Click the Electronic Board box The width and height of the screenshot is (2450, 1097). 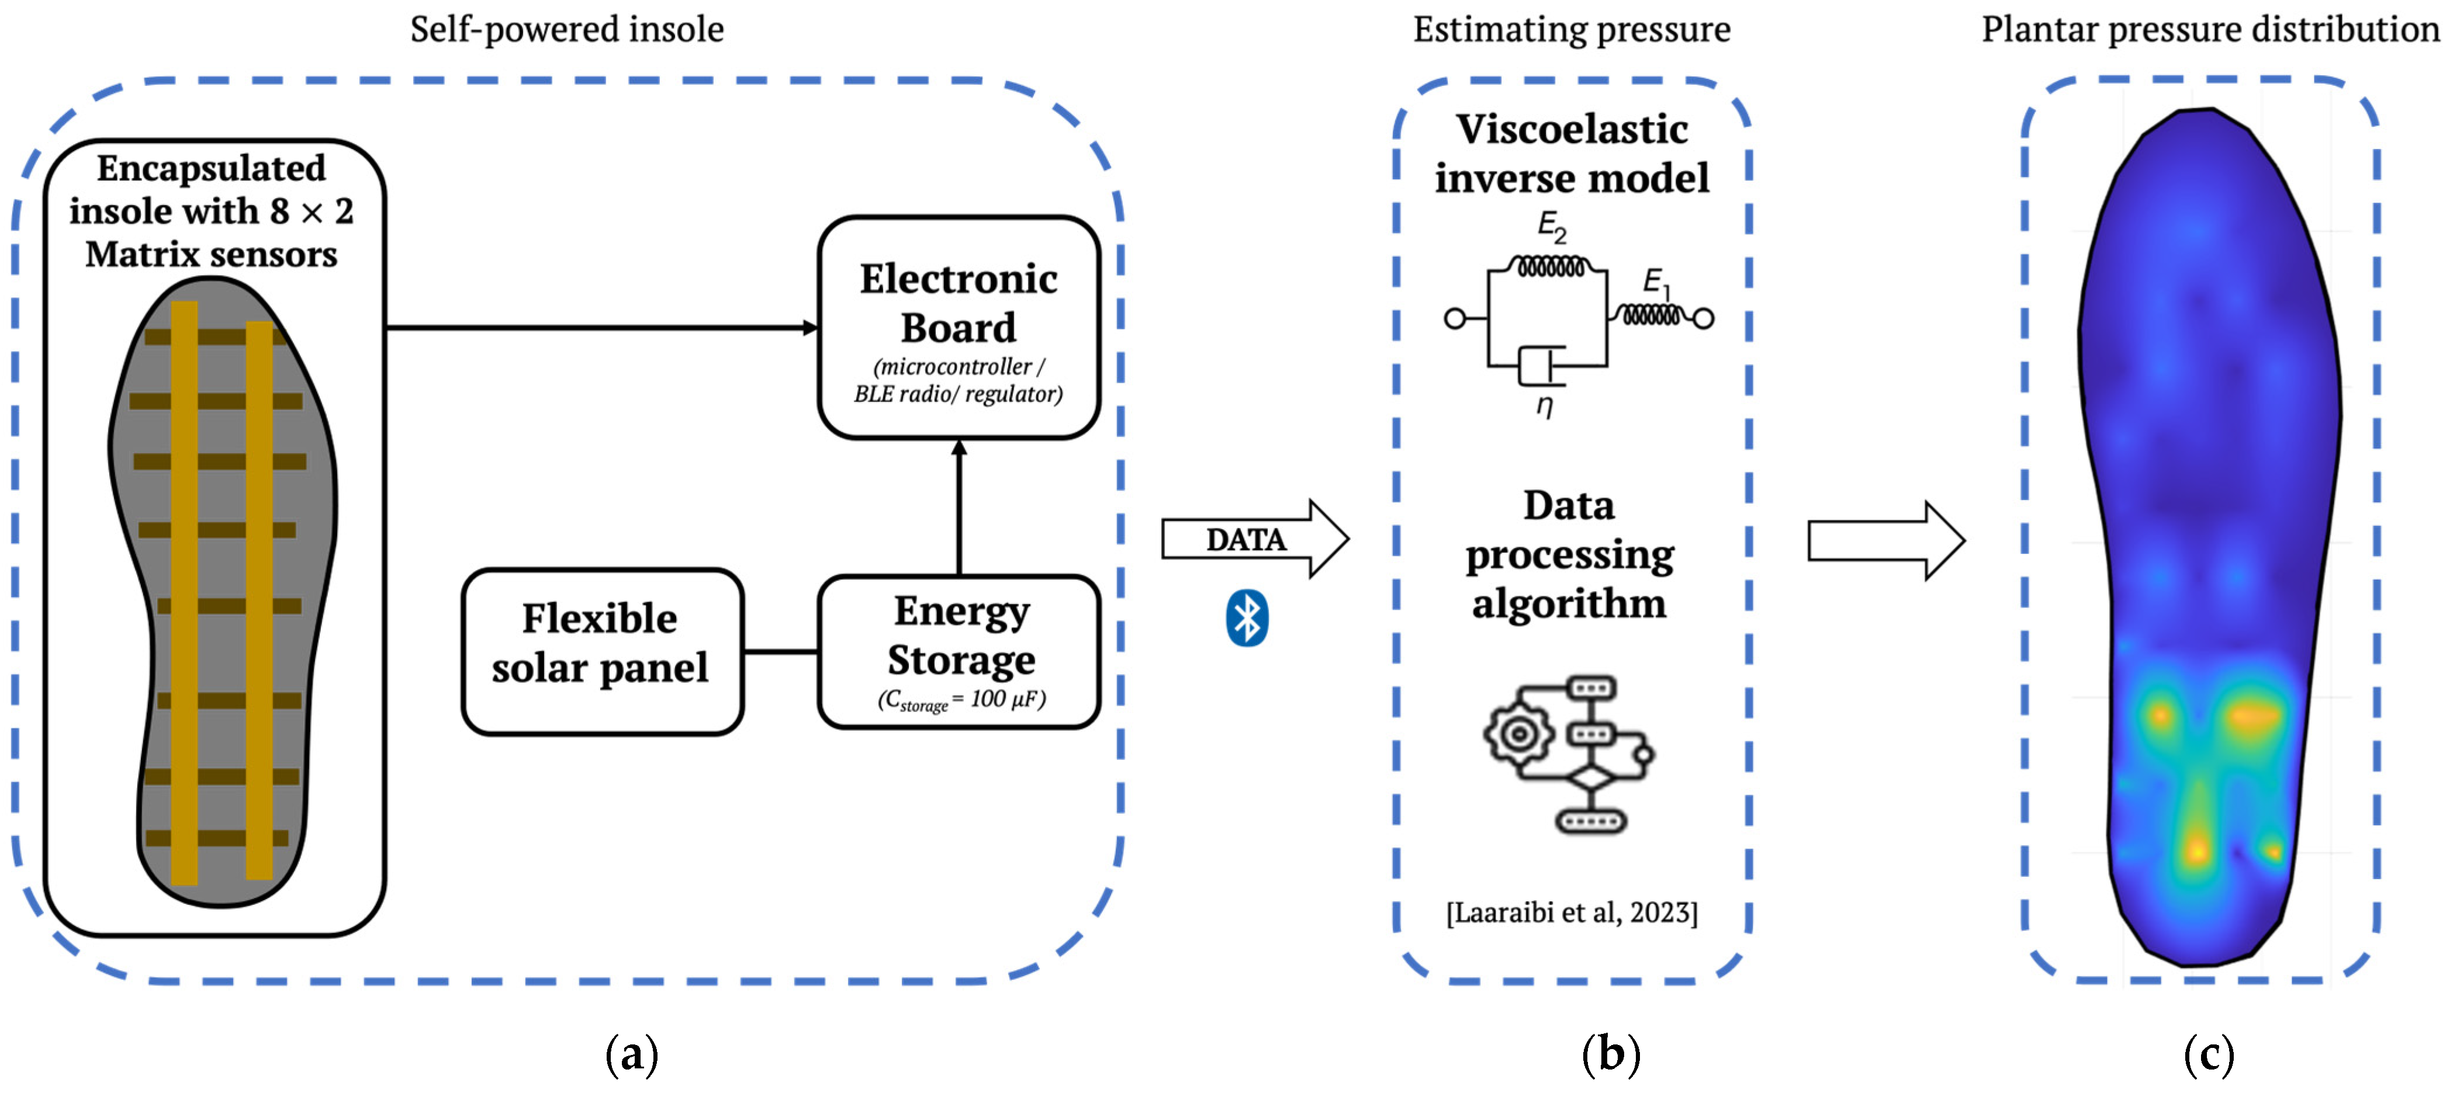tap(958, 327)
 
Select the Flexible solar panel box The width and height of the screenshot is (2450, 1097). tap(601, 651)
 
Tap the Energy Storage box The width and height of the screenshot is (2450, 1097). tap(958, 651)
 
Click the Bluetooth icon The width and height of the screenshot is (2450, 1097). tap(1246, 618)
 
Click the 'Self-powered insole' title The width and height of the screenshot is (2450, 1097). tap(567, 29)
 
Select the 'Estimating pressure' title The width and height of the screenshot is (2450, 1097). tap(1571, 29)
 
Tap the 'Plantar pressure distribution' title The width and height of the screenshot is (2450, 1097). tap(2209, 29)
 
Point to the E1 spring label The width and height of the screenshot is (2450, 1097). tap(1656, 282)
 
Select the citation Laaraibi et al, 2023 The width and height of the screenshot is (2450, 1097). tap(1571, 912)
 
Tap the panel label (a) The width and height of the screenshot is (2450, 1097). tap(632, 1054)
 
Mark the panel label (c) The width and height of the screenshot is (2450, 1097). tap(2209, 1054)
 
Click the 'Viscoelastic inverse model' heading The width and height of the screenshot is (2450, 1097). tap(1571, 153)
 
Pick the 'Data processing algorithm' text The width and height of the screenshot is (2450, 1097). tap(1569, 554)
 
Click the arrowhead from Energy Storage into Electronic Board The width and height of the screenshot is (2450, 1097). tap(958, 447)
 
